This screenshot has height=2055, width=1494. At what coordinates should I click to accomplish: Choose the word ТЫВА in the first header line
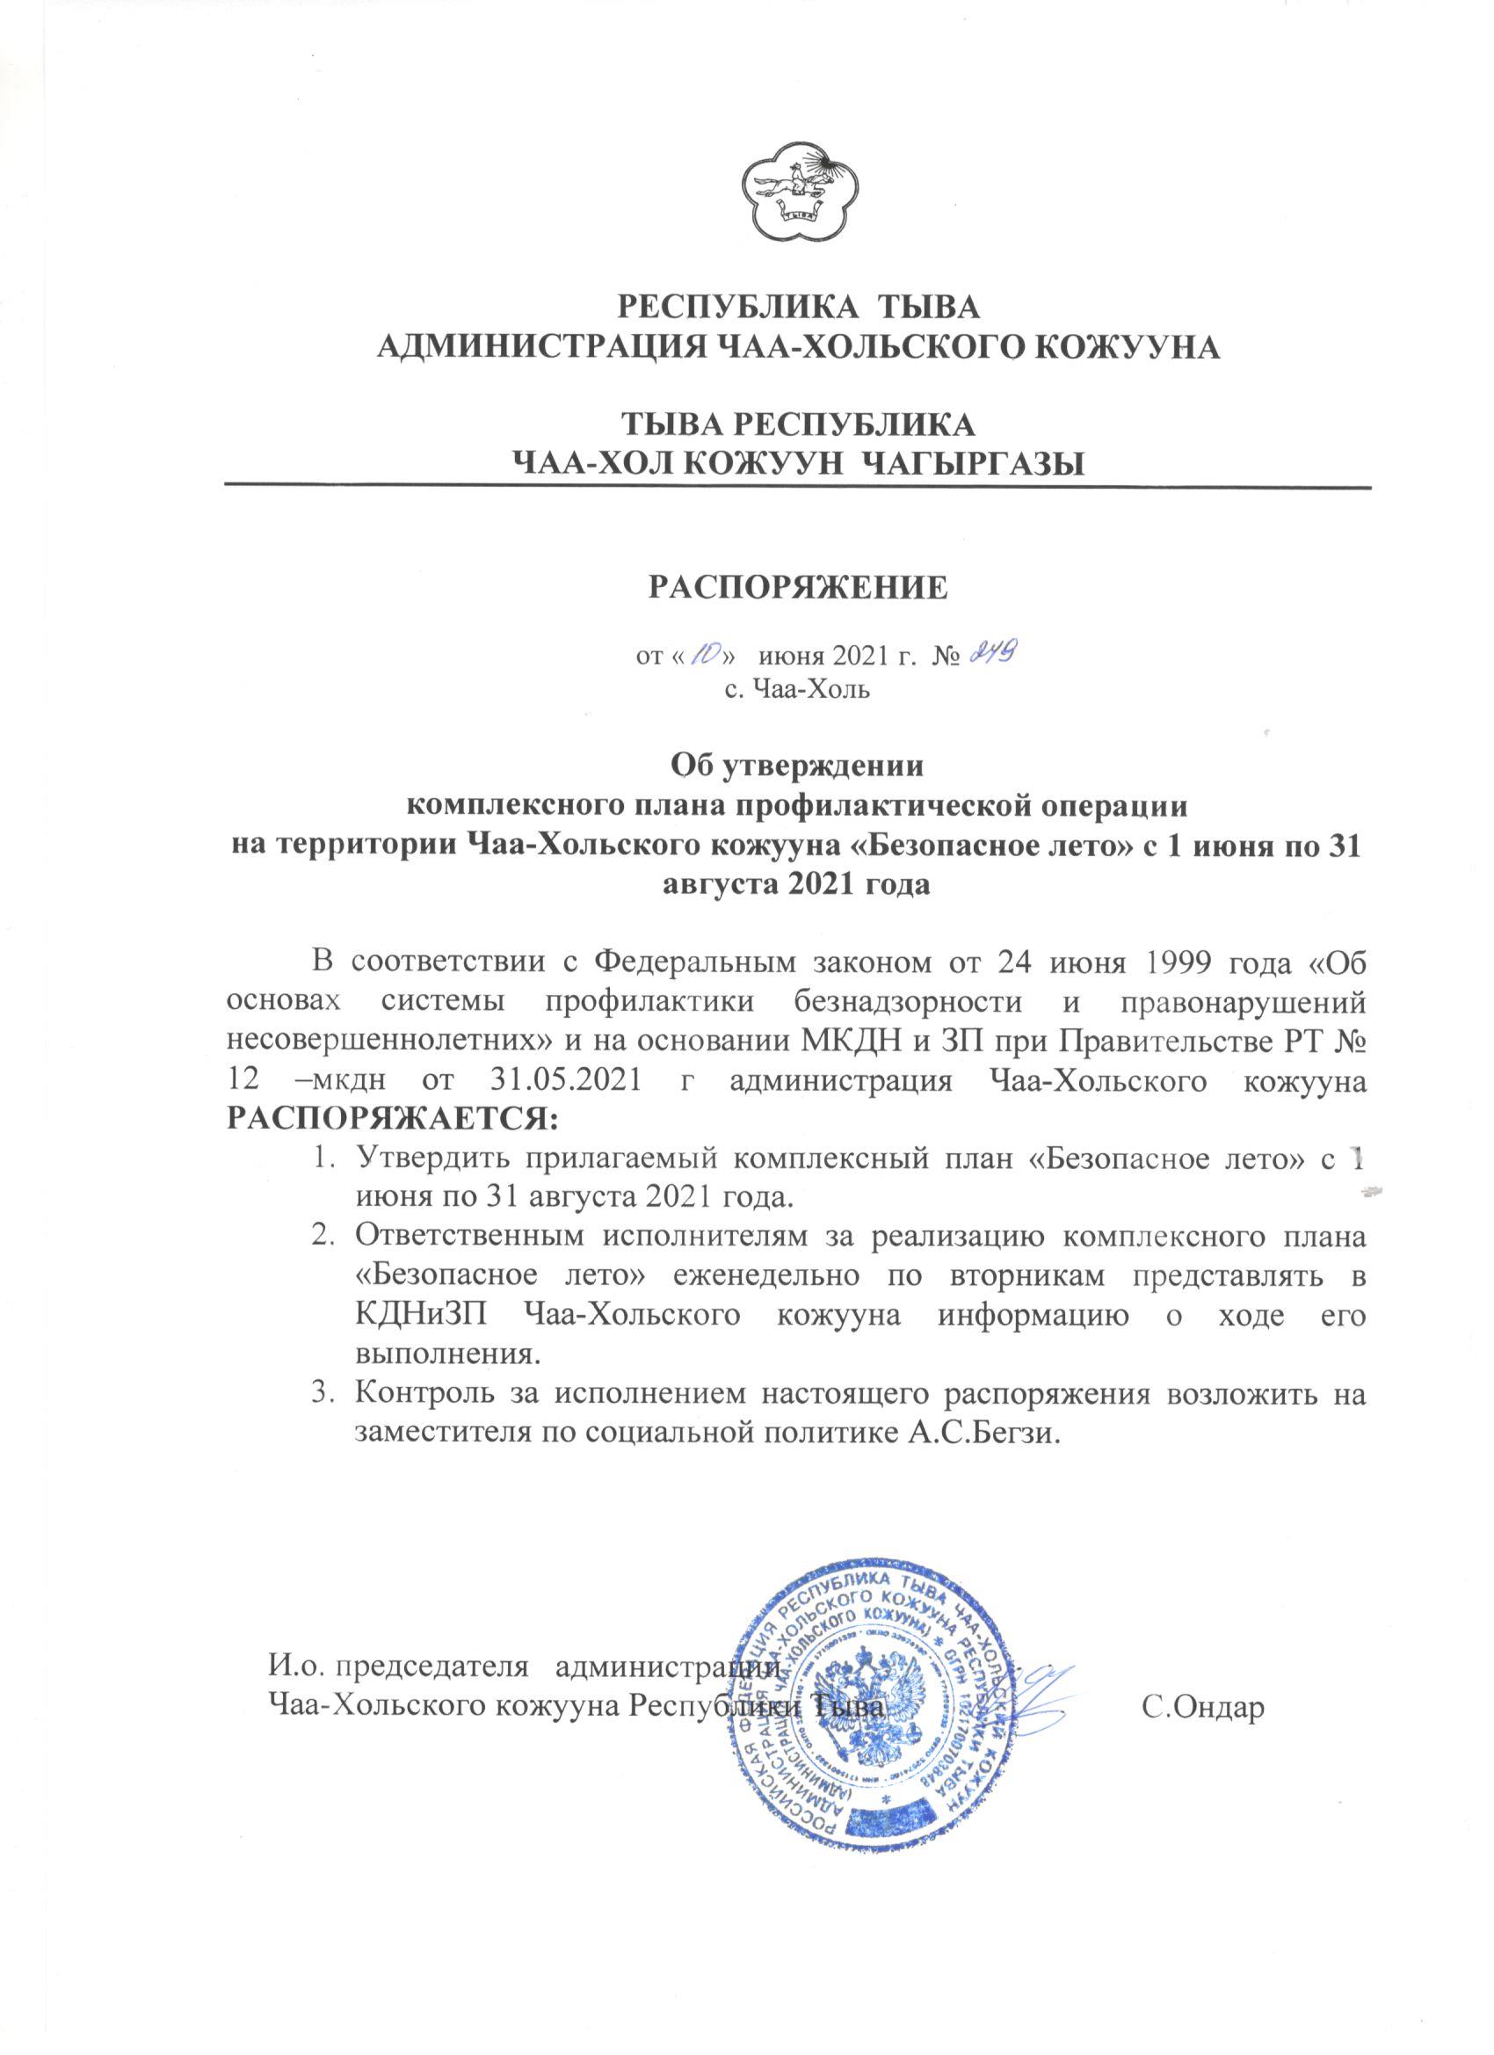pyautogui.click(x=933, y=305)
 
